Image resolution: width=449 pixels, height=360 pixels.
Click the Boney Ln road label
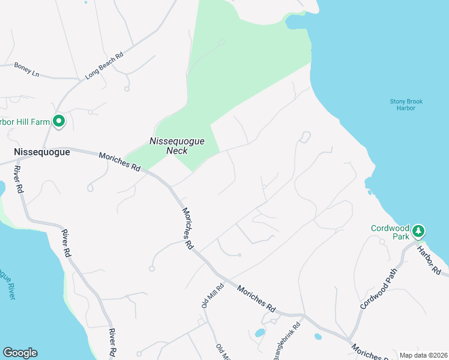coord(26,70)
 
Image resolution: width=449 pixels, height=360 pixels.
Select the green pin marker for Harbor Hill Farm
coord(59,122)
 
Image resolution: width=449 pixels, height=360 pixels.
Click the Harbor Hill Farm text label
coord(24,122)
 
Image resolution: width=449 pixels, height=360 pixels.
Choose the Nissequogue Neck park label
coord(176,146)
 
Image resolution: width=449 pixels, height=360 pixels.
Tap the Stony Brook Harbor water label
coord(406,105)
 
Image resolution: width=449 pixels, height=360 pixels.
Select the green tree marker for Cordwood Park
coord(418,230)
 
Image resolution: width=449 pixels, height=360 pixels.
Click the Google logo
coord(20,353)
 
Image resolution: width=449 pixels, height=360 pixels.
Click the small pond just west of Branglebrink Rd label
coord(260,333)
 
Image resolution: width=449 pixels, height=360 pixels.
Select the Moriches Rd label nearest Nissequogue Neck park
coord(120,162)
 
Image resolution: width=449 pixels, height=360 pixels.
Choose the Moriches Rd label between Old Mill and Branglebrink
coord(256,298)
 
